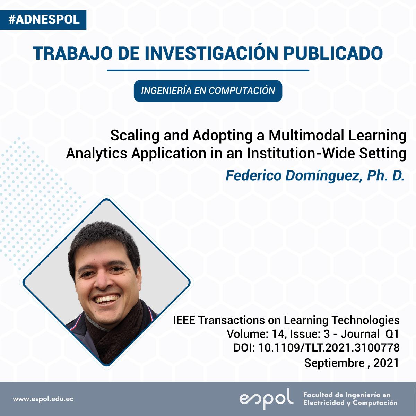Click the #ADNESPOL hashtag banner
pyautogui.click(x=43, y=20)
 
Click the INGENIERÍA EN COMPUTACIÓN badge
pyautogui.click(x=208, y=91)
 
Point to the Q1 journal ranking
pyautogui.click(x=392, y=334)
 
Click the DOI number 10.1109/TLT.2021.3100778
pyautogui.click(x=329, y=348)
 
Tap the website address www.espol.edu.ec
pyautogui.click(x=43, y=399)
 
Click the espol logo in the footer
pyautogui.click(x=266, y=399)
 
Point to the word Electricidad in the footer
pyautogui.click(x=324, y=402)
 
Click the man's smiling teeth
pyautogui.click(x=107, y=299)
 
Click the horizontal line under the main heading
pyautogui.click(x=208, y=70)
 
